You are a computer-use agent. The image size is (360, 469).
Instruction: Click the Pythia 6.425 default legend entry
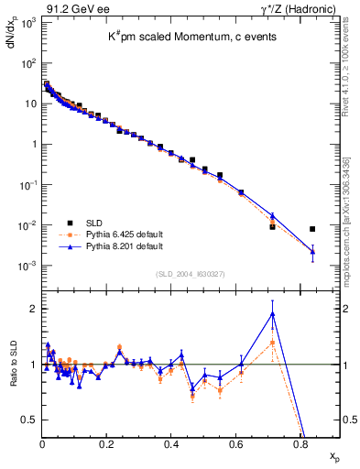point(132,235)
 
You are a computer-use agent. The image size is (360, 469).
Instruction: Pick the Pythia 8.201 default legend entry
point(132,246)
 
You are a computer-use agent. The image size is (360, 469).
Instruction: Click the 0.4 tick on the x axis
point(171,444)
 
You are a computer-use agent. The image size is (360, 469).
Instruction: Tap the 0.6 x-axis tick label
point(235,444)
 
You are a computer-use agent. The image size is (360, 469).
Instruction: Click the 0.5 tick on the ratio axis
point(27,420)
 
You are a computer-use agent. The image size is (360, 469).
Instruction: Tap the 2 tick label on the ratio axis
point(31,309)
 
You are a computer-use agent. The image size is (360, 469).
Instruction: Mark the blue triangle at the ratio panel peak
point(272,314)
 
